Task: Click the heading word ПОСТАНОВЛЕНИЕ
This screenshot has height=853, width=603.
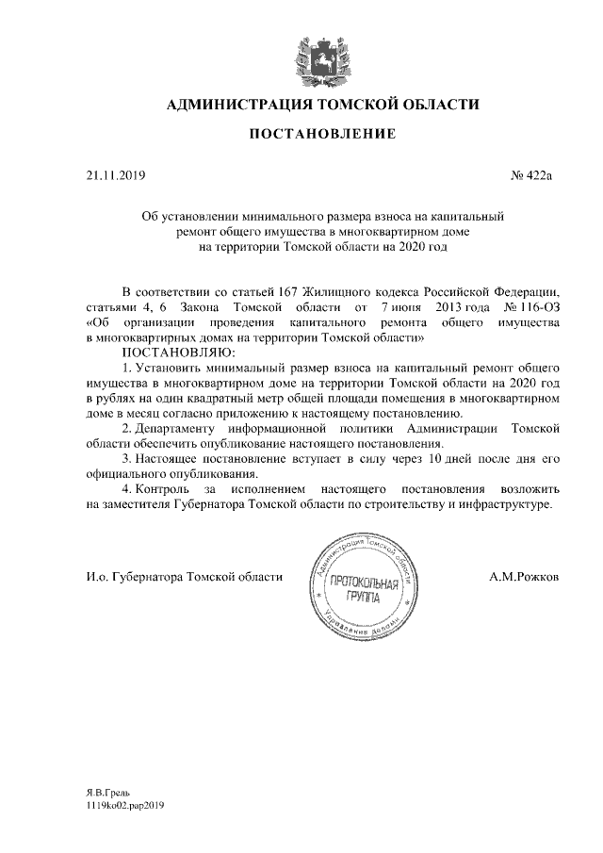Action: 321,135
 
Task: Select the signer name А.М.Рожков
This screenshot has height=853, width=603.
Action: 524,576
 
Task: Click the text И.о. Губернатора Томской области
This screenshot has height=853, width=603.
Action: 178,576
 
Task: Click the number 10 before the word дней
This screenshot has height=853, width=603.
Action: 435,459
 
